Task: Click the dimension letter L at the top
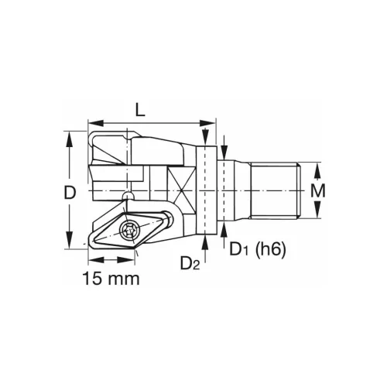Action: pos(139,110)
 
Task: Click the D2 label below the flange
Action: pos(190,265)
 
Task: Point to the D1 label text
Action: pos(238,249)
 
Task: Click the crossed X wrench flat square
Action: pos(179,186)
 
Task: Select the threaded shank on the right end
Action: pos(276,190)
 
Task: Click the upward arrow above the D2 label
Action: pos(206,241)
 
